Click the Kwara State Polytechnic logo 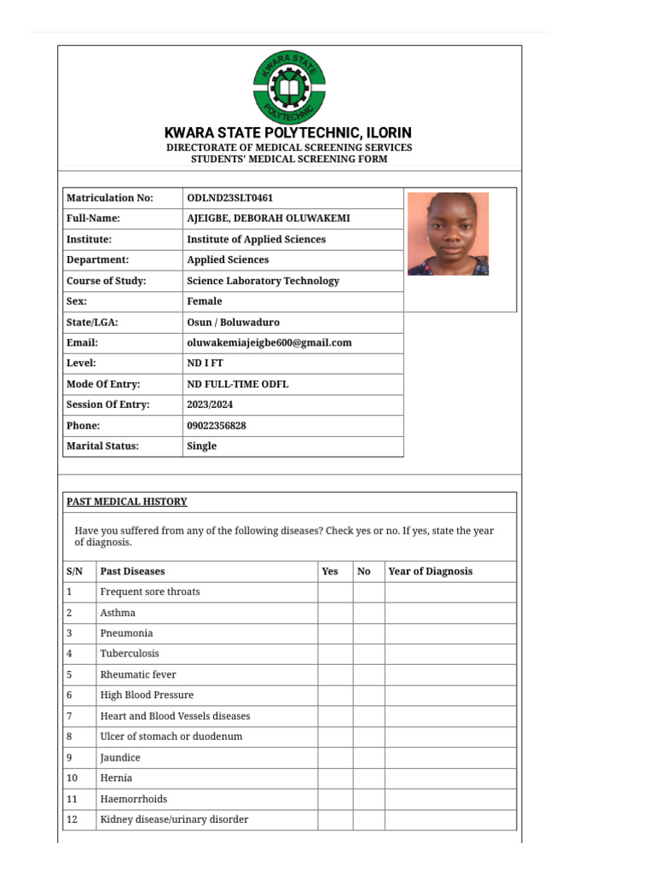click(289, 88)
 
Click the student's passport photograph click(448, 234)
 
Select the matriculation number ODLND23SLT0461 click(229, 198)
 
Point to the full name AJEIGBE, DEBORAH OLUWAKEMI click(268, 218)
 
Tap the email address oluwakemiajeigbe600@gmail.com click(269, 342)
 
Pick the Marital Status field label click(102, 446)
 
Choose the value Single click(201, 446)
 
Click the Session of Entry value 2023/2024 click(211, 405)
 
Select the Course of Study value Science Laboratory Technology click(263, 281)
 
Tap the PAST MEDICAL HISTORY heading click(127, 502)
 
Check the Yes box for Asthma click(335, 613)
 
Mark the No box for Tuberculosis click(368, 654)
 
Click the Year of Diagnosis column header click(430, 571)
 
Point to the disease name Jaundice click(120, 758)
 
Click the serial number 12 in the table click(72, 819)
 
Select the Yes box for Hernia click(335, 778)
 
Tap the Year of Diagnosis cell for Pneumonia click(449, 633)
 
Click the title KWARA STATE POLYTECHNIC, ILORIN click(288, 133)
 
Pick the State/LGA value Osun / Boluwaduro click(233, 322)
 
